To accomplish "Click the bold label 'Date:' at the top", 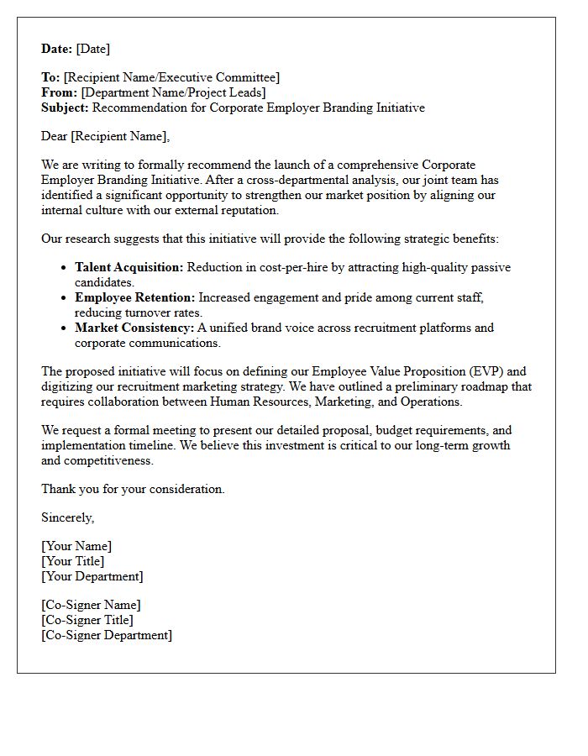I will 57,49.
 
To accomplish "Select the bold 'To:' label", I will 50,77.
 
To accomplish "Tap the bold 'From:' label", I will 60,92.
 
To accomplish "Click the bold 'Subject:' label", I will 66,108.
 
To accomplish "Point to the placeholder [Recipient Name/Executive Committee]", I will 171,77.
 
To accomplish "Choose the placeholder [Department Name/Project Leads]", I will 173,92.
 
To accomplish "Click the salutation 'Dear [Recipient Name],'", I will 105,136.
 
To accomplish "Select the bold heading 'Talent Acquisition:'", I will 129,267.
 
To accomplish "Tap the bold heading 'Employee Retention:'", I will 134,297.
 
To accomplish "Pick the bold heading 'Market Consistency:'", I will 134,328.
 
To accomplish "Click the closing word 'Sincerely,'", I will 67,517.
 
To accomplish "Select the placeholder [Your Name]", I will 76,546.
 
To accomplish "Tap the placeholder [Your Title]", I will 73,561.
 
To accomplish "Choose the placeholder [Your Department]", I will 92,576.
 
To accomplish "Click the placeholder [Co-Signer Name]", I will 91,605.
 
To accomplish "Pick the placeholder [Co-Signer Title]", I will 87,620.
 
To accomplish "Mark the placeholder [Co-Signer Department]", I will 107,635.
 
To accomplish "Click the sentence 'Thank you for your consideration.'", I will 133,489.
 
